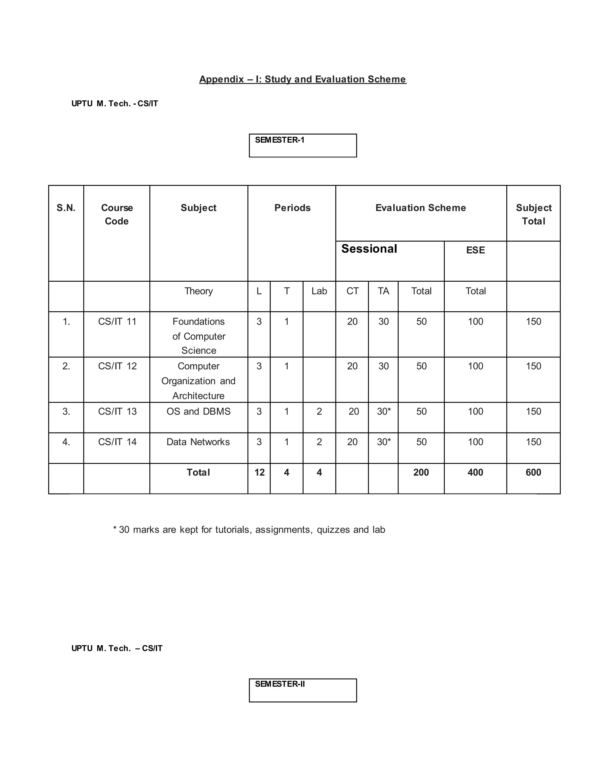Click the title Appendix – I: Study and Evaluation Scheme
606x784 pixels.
[303, 79]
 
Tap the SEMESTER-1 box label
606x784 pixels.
[280, 140]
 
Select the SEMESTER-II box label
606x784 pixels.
[280, 684]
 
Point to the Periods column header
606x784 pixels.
[292, 208]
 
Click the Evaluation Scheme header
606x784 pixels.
[420, 208]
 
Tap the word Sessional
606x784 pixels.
[369, 249]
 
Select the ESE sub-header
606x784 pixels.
[475, 250]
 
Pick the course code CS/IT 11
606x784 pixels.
[117, 322]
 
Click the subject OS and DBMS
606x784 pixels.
[199, 412]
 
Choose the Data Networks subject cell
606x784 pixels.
[198, 442]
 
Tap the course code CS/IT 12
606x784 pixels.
[117, 366]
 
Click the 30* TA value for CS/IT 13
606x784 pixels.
[384, 412]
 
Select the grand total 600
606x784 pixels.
[533, 472]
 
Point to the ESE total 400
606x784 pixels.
[475, 472]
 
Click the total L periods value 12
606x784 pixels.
[259, 472]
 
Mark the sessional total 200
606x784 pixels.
[421, 472]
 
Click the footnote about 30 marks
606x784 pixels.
[249, 530]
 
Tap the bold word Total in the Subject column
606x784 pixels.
[198, 472]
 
